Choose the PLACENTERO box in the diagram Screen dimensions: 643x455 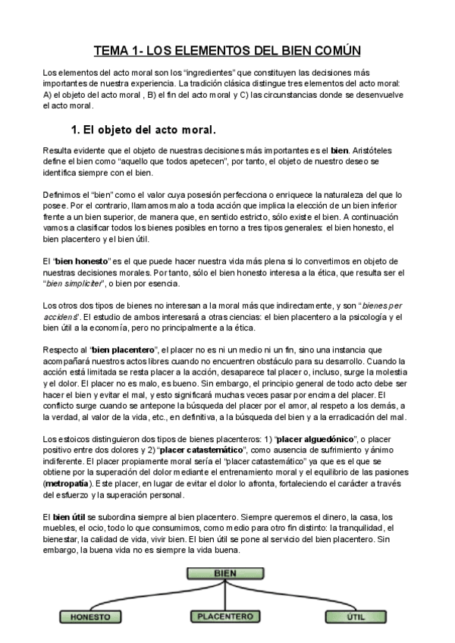coord(225,616)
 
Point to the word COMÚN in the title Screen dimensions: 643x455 coord(334,51)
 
